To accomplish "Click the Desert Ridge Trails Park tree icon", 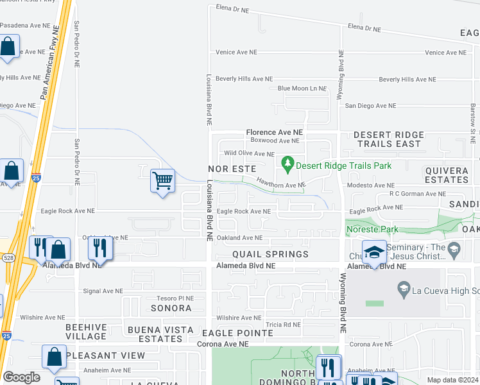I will [287, 165].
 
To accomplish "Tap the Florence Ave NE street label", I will [274, 132].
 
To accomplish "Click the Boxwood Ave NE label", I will [275, 141].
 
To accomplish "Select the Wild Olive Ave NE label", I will [249, 154].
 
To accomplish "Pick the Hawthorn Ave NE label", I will [281, 185].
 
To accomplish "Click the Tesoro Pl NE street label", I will [176, 298].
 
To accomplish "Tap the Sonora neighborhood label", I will [171, 308].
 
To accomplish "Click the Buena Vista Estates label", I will [160, 334].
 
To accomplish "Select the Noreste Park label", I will [372, 229].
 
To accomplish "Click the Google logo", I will [21, 377].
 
